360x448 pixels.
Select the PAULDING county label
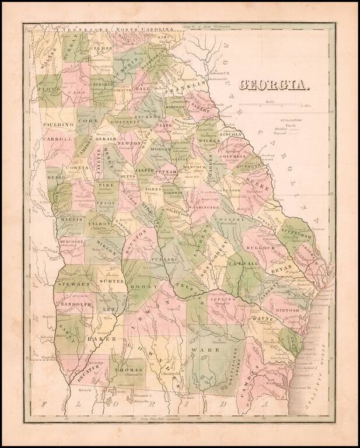[58, 124]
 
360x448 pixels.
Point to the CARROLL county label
[57, 139]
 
